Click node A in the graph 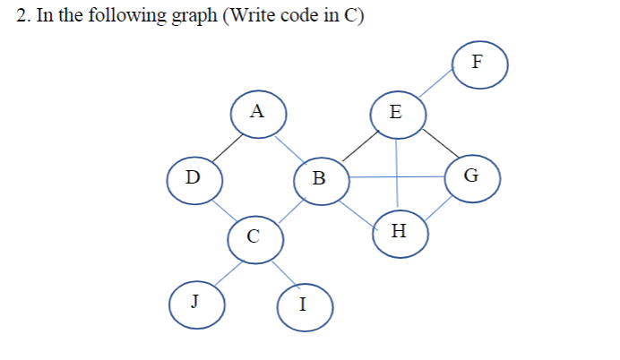tap(258, 113)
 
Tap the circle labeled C tap(254, 236)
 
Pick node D tap(193, 176)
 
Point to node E tap(396, 114)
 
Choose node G tap(471, 175)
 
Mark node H tap(399, 232)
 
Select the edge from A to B tap(288, 146)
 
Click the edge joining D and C tap(223, 207)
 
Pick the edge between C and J tap(225, 269)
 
